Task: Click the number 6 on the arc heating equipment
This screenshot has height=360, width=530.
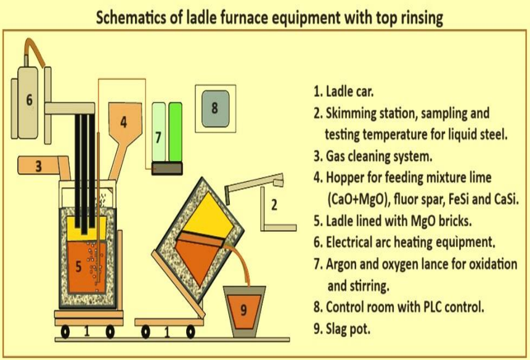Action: [30, 100]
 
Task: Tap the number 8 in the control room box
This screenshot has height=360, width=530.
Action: [214, 108]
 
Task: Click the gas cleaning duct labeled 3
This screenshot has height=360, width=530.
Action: [43, 166]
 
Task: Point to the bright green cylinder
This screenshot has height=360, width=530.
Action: [176, 132]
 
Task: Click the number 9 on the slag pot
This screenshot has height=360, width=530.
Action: [243, 309]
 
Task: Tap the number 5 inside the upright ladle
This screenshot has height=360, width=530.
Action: [78, 266]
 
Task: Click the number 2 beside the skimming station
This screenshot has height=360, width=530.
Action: [274, 205]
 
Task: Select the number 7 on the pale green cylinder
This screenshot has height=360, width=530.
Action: [158, 137]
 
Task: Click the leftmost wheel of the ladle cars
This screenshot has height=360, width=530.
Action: [65, 332]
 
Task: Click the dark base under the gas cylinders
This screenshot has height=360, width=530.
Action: [167, 168]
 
